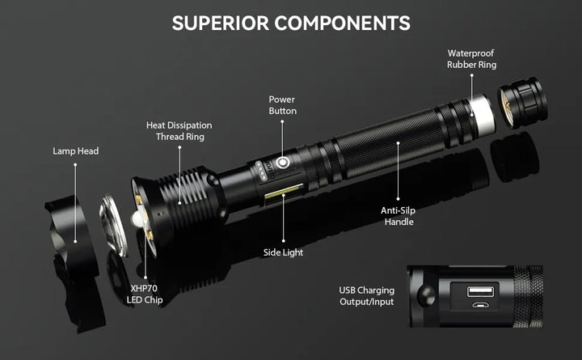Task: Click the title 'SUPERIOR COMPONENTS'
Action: coord(291,23)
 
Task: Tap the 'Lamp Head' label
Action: coord(75,150)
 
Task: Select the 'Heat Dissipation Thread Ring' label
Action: coord(179,130)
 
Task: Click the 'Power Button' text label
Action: coord(282,104)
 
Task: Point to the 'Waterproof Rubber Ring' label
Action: coord(471,58)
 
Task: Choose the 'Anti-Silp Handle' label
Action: coord(399,215)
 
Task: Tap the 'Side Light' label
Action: coord(283,252)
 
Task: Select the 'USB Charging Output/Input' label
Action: coord(367,295)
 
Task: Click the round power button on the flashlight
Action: coord(282,163)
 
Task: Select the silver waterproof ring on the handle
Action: coord(482,114)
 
